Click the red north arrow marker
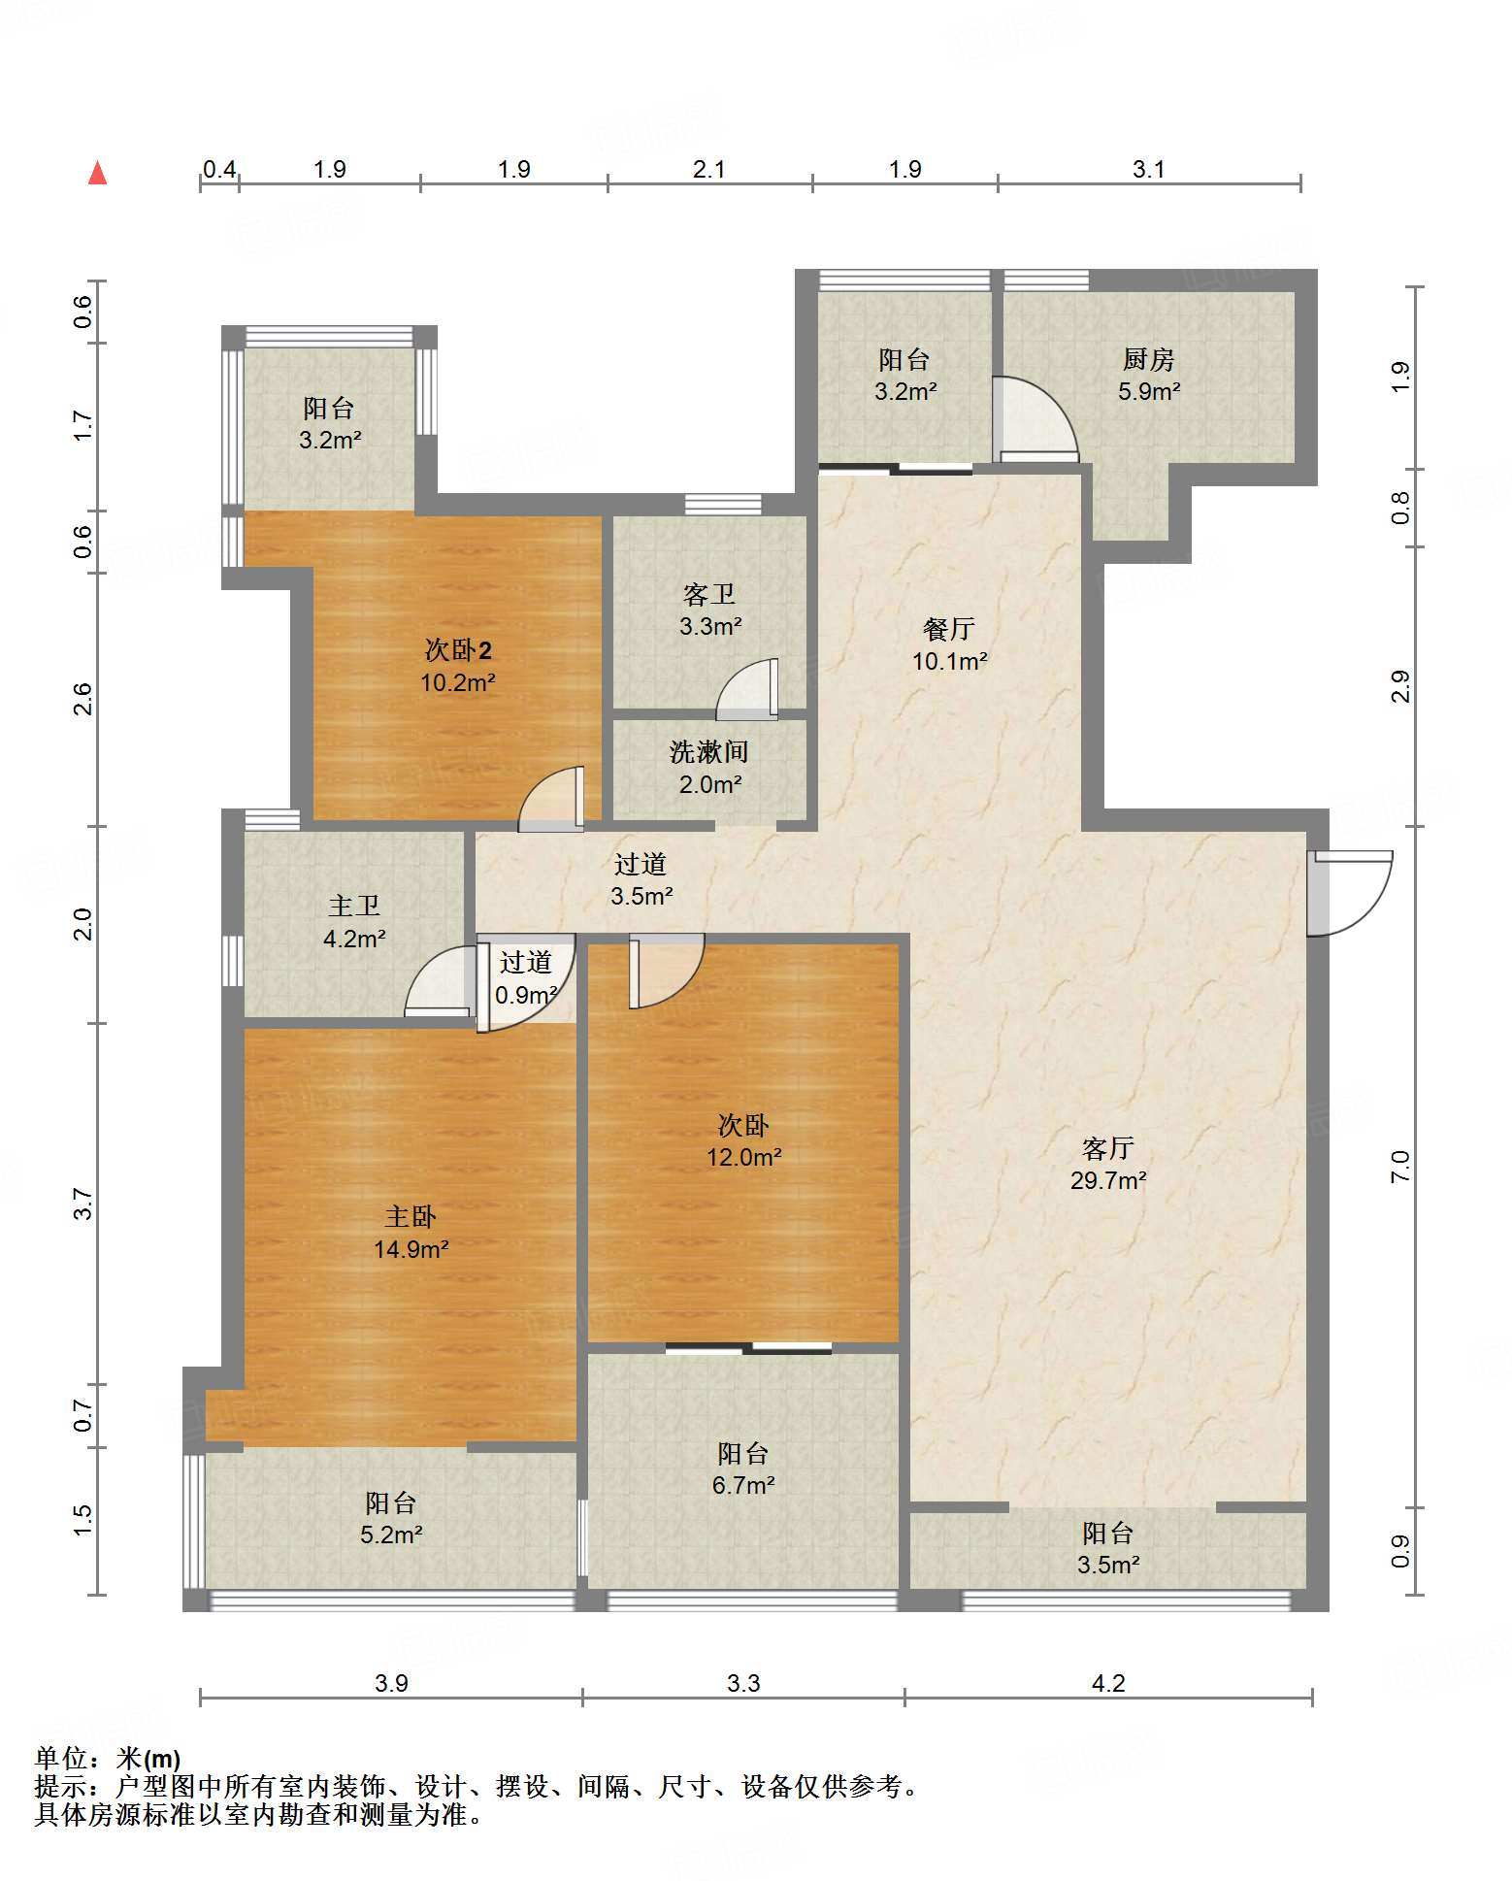[x=97, y=173]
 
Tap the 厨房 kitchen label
[x=1149, y=360]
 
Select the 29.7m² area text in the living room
[x=1108, y=1181]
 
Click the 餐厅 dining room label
[x=949, y=629]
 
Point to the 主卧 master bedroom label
[x=411, y=1217]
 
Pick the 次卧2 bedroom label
[x=458, y=650]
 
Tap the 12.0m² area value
[x=744, y=1158]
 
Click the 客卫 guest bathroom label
[x=709, y=594]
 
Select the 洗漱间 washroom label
[x=709, y=752]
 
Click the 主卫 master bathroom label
[x=354, y=907]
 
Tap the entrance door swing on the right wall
[x=1349, y=893]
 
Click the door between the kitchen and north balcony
[x=1035, y=418]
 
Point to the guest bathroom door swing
[x=747, y=689]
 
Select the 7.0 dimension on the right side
[x=1399, y=1166]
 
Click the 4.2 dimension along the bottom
[x=1108, y=1683]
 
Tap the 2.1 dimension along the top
[x=709, y=169]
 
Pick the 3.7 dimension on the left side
[x=83, y=1204]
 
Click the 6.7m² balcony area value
[x=743, y=1485]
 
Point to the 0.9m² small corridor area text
[x=526, y=995]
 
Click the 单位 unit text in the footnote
[x=61, y=1758]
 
